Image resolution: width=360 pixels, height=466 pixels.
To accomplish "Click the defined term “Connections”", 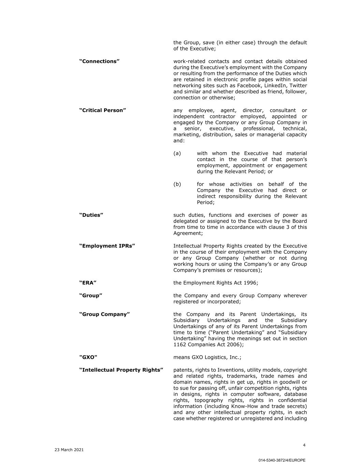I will point(99,61).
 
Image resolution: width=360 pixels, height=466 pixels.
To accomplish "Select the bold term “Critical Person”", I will point(103,110).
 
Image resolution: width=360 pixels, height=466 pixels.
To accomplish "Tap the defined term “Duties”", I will point(91,215).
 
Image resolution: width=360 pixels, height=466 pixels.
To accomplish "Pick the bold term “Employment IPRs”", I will point(107,246).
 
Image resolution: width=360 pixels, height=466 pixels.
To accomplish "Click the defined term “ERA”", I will point(88,283).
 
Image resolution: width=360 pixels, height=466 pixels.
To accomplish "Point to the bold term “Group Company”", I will point(104,314).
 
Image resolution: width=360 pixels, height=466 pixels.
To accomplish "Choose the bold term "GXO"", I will point(88,357).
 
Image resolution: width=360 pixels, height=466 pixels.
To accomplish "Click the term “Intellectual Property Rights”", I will point(121,370).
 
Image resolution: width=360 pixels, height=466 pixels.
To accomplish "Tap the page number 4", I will point(304,445).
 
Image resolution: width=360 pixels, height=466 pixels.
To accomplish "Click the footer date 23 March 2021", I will point(69,450).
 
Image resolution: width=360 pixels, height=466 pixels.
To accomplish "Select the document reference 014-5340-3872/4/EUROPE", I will point(282,460).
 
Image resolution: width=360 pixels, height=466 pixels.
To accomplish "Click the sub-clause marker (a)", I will point(177,154).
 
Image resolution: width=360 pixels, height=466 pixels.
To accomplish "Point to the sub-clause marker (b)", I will point(177,184).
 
